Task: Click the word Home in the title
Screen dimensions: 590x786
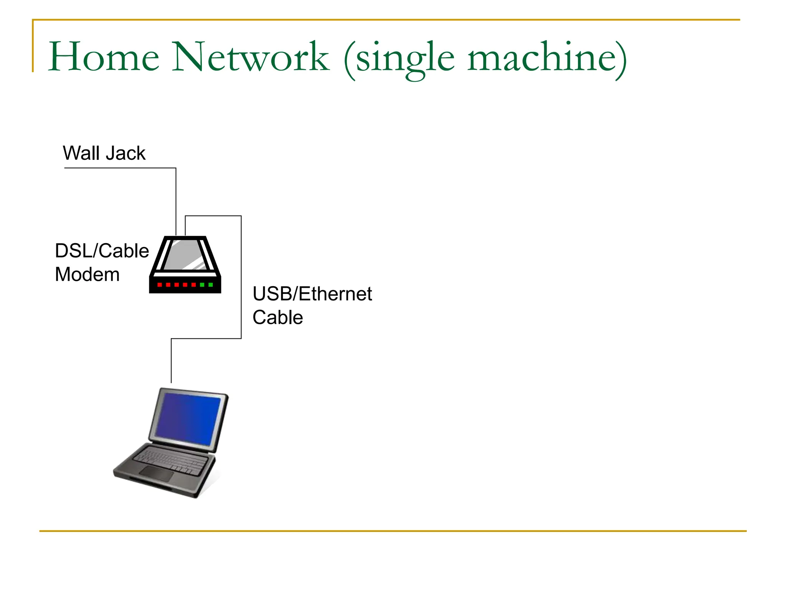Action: coord(104,58)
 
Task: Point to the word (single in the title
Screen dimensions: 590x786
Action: coord(399,60)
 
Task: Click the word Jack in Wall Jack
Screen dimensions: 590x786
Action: coord(125,153)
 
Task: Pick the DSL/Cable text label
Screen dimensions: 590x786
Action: coord(102,251)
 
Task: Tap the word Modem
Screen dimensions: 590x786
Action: coord(87,275)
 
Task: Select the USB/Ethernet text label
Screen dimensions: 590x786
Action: coord(312,294)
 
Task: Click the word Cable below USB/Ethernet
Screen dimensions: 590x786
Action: coord(277,318)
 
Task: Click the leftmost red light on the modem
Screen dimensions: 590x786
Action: coord(160,285)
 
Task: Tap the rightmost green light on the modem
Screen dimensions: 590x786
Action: coord(210,285)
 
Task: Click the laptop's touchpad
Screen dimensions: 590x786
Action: coord(156,474)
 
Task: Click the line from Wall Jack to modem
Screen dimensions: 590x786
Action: coord(176,200)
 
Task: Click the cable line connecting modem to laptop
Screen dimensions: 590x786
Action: coord(241,277)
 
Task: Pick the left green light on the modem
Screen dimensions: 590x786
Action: coord(202,285)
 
